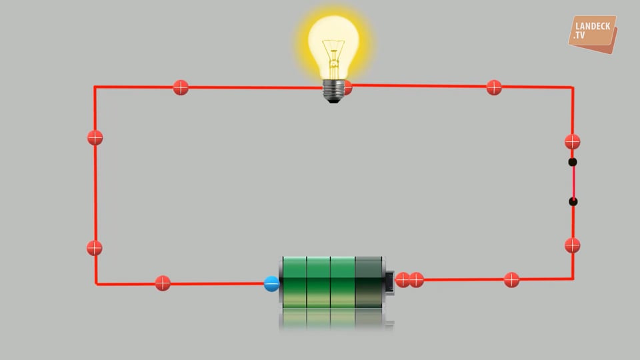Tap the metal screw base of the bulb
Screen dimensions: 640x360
(333, 91)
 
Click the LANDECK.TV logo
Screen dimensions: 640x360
(593, 33)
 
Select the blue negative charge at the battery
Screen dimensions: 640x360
(272, 284)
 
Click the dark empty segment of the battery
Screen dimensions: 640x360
(369, 282)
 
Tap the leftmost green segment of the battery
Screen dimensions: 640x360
(294, 282)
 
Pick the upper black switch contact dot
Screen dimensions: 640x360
(573, 162)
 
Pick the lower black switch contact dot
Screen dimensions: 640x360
(573, 201)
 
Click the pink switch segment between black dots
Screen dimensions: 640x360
(573, 181)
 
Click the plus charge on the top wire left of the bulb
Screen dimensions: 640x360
(181, 87)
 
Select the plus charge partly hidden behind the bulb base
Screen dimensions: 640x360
(348, 87)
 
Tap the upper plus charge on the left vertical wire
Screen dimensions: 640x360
(95, 138)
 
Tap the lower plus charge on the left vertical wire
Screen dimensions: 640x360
(95, 248)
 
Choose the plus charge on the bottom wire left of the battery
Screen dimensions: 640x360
(163, 283)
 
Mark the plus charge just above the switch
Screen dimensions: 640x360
(572, 141)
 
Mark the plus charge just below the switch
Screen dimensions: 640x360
(572, 245)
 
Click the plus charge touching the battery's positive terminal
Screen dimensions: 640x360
(402, 280)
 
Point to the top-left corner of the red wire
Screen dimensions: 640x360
(95, 87)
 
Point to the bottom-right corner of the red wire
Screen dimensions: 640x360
(573, 279)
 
